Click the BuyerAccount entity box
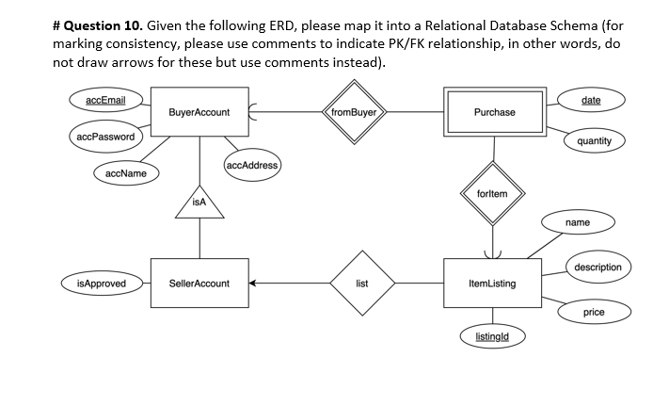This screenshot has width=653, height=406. click(199, 113)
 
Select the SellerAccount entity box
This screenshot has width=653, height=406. click(199, 283)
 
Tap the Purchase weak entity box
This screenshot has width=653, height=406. click(494, 112)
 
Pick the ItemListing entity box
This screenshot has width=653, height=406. click(491, 283)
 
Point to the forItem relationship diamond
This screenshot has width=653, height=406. click(492, 194)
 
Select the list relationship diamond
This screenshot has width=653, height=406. click(362, 283)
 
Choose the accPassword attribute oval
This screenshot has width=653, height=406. click(104, 137)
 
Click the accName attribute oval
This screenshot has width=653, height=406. click(126, 173)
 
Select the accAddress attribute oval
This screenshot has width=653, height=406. click(252, 166)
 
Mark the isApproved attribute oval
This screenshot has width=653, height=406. click(102, 283)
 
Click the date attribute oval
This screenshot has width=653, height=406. click(591, 100)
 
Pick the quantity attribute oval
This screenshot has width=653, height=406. click(594, 141)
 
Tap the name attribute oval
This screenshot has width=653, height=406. click(578, 222)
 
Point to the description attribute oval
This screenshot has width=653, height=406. click(597, 267)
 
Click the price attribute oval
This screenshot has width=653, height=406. click(594, 312)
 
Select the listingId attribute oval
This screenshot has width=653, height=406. click(492, 336)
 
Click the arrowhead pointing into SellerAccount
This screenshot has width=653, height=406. click(253, 283)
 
